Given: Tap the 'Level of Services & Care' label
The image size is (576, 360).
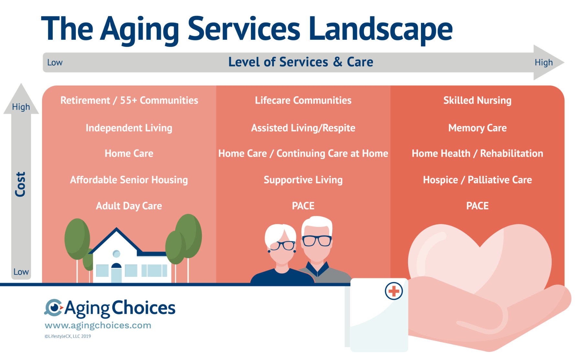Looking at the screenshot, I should pos(301,62).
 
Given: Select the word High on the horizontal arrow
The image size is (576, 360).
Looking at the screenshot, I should pos(544,62).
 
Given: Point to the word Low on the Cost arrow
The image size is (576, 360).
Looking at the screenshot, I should pos(21,272).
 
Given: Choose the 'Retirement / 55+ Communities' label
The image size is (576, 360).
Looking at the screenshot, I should pos(129,100).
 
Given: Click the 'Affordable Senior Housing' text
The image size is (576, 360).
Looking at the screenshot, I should pos(129,180).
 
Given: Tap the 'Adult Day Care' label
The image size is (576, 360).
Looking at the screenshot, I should pos(129,206).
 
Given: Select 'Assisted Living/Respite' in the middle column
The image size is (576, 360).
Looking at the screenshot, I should pos(303,128).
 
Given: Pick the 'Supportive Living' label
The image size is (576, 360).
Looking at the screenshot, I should pos(303,180).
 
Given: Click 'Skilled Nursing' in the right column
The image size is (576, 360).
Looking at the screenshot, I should pos(477,100).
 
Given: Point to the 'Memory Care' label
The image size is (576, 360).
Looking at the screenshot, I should pos(477,128).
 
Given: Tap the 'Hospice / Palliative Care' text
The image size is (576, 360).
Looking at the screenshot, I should pos(477,180).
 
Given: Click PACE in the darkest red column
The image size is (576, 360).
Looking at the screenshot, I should pos(477,206).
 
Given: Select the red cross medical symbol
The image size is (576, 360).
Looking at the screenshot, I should pos(394,291).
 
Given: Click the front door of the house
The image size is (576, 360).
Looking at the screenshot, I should pos(116,274).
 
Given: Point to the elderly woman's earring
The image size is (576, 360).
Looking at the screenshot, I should pos(269,251).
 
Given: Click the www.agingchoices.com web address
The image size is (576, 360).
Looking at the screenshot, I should pos(98,325).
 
